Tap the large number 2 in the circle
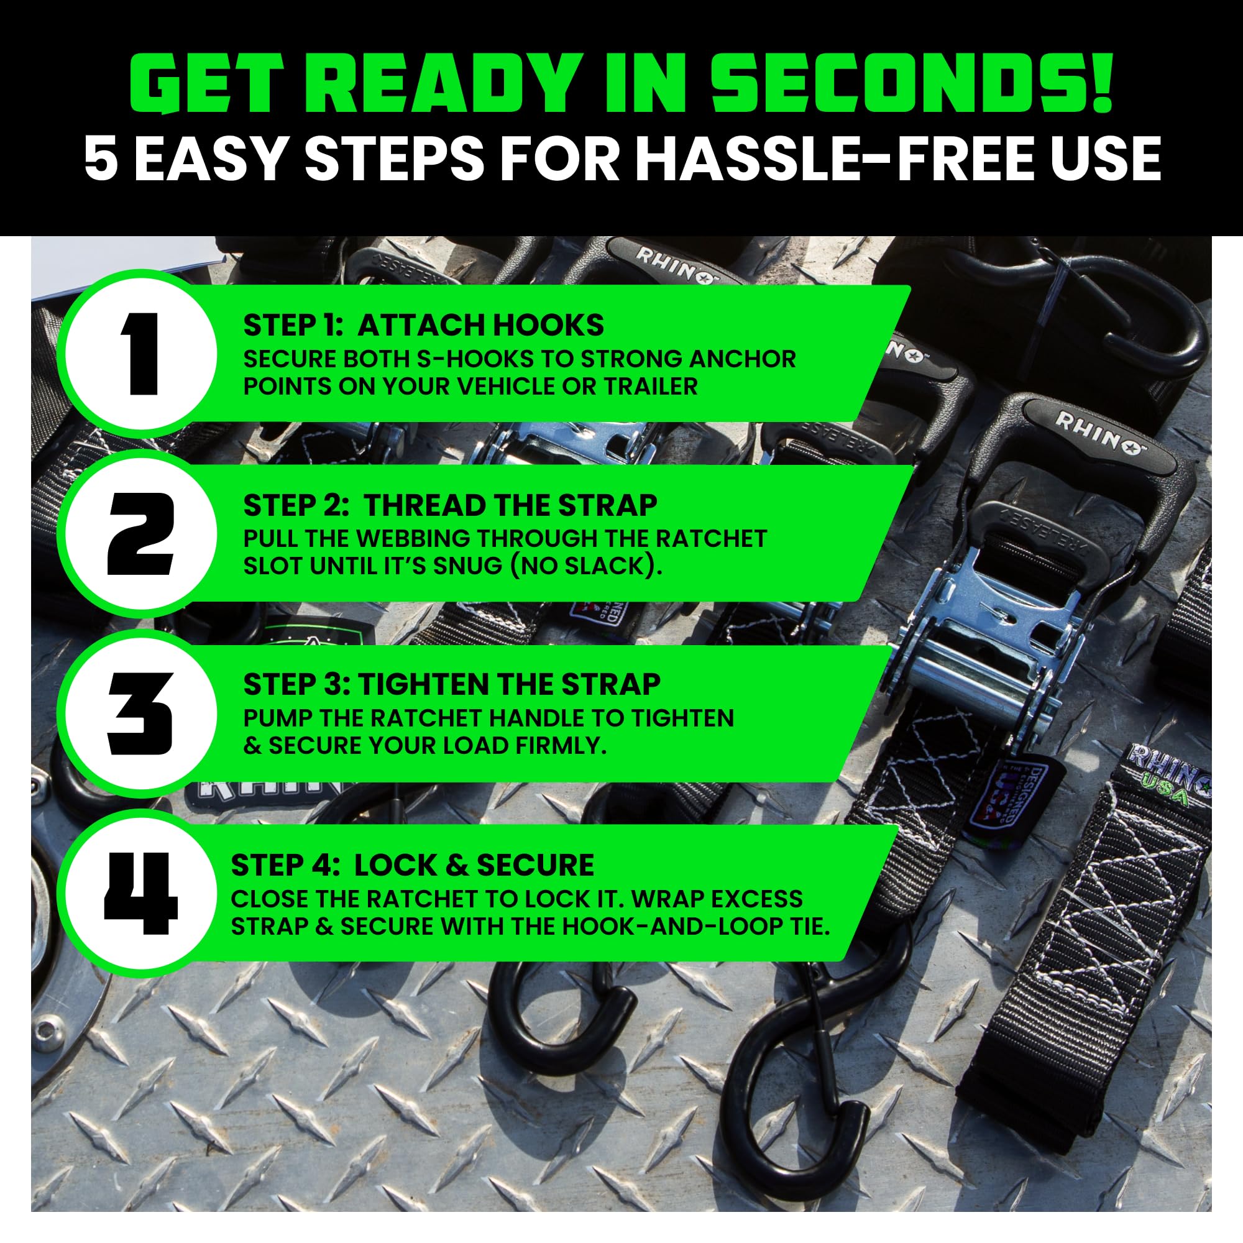[x=140, y=533]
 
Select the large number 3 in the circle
[x=140, y=713]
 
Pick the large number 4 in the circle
[x=141, y=894]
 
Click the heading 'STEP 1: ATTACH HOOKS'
[x=423, y=326]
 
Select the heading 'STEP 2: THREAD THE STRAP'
[x=451, y=506]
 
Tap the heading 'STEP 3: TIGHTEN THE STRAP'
[x=452, y=684]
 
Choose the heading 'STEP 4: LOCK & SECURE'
[x=413, y=865]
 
